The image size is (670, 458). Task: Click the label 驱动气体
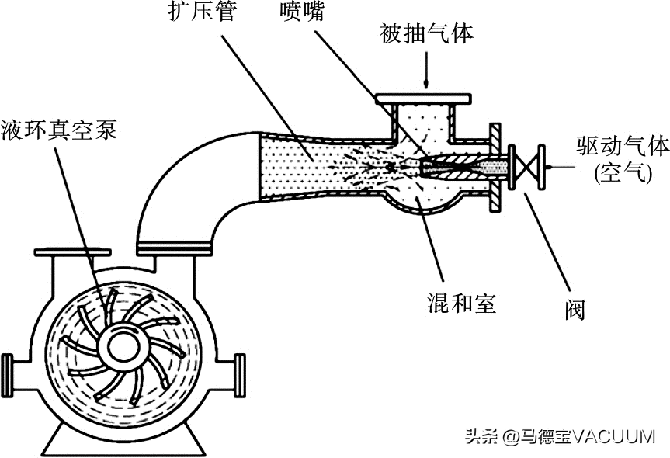pyautogui.click(x=620, y=144)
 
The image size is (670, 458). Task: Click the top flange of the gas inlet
pyautogui.click(x=423, y=98)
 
